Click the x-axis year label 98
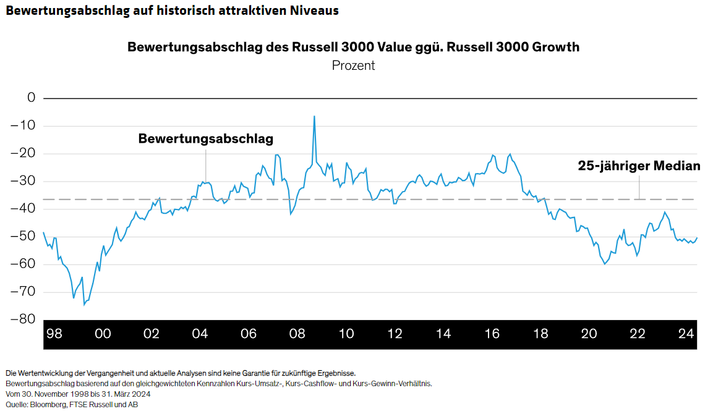pos(54,334)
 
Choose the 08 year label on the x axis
pos(297,334)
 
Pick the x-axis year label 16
pos(492,334)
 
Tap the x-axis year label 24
pos(685,334)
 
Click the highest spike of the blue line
pos(314,116)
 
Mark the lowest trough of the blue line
pos(84,304)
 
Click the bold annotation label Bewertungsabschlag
pos(205,138)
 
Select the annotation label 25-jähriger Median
pos(639,166)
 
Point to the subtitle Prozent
pos(353,65)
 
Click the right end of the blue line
pos(697,238)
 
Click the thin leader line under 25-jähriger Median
pos(639,187)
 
